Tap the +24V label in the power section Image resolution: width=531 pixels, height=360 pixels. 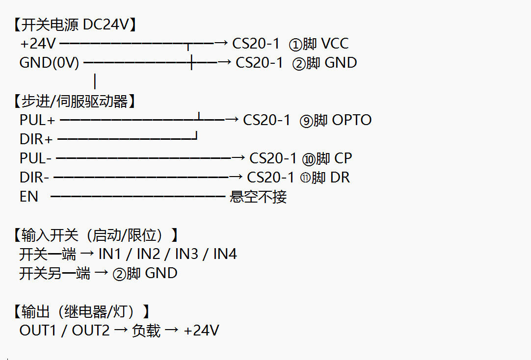pos(38,44)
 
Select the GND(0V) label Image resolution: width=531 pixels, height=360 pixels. pos(49,63)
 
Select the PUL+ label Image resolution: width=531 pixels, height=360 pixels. pos(37,120)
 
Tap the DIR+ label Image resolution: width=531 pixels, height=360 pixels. pos(36,139)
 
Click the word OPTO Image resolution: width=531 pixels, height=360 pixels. pos(352,120)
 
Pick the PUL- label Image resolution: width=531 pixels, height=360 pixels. pos(35,158)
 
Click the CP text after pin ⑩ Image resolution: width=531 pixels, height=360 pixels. pos(343,158)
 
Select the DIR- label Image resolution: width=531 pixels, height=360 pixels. pos(34,178)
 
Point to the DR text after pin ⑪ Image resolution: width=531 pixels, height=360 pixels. pos(340,178)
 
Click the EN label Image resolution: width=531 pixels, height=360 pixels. pos(29,197)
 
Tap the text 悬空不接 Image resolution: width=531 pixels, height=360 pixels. pos(258,197)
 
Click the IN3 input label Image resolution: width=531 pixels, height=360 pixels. pos(186,254)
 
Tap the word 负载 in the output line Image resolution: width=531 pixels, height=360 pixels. pos(146,331)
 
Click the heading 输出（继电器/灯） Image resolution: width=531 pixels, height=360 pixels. pos(81,311)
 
